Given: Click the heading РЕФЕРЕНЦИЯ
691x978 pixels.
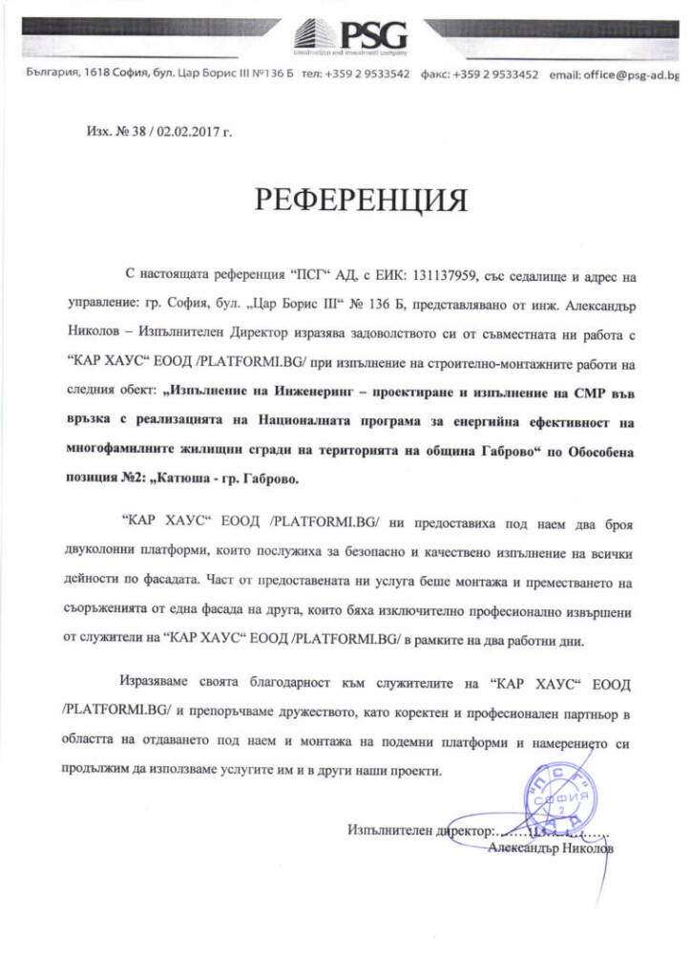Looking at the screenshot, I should pyautogui.click(x=360, y=200).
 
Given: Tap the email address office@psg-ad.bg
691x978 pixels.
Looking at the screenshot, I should pyautogui.click(x=631, y=74).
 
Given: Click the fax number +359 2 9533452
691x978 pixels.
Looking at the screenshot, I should pyautogui.click(x=494, y=74).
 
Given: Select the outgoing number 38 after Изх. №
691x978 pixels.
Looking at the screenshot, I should pyautogui.click(x=125, y=131).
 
